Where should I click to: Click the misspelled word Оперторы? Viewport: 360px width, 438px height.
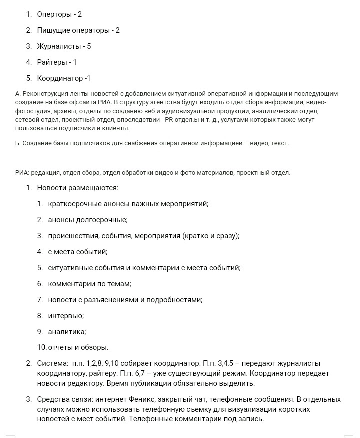(x=53, y=14)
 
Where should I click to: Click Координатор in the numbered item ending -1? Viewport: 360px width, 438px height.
(x=60, y=78)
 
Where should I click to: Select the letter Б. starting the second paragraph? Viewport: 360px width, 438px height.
(x=18, y=143)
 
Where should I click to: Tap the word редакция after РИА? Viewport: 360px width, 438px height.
(x=46, y=173)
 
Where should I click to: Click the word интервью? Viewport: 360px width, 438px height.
(x=65, y=316)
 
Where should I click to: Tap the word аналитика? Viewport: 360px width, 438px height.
(x=67, y=332)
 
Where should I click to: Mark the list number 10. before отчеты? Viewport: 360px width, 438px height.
(x=42, y=347)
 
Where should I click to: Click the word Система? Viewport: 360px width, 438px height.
(x=52, y=363)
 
